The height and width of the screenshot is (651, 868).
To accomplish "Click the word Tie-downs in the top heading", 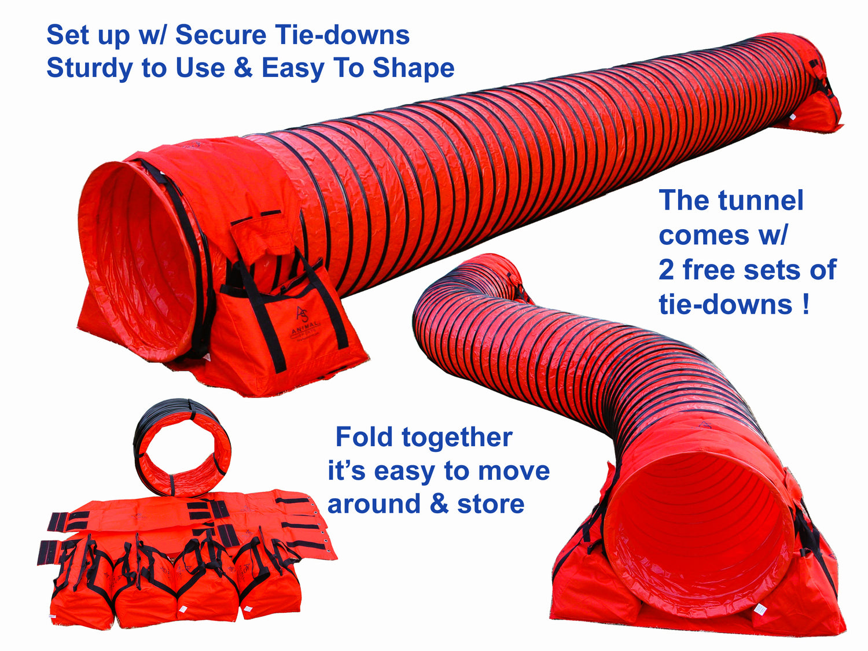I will point(343,35).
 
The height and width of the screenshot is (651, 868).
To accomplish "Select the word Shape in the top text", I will point(413,68).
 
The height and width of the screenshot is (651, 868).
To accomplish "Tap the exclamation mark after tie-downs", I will point(806,304).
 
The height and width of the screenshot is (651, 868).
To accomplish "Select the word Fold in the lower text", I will point(364,437).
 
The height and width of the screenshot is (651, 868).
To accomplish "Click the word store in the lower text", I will point(491,504).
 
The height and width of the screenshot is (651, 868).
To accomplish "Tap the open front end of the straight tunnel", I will point(139,260).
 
